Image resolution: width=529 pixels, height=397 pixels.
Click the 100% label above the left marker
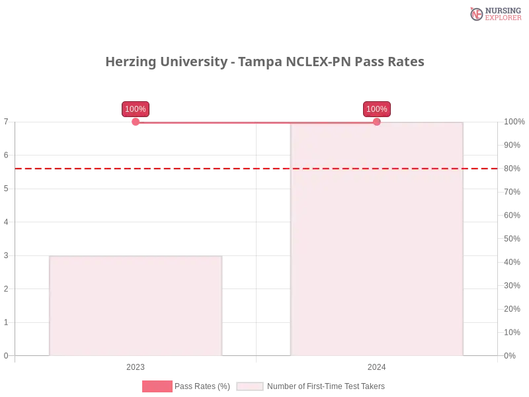136,109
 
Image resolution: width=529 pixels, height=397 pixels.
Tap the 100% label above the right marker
377,109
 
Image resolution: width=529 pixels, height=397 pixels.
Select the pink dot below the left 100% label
136,121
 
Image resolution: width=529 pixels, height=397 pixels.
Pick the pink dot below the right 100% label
377,121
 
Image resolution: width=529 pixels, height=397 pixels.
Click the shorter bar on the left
135,306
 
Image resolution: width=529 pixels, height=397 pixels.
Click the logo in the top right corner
494,13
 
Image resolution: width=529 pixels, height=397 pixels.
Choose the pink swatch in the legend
157,386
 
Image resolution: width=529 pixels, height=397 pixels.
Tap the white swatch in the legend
250,386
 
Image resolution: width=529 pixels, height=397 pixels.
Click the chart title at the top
266,62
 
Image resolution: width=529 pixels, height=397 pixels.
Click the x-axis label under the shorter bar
135,365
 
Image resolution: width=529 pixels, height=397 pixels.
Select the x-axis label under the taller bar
376,365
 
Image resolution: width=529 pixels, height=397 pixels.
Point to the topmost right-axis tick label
513,122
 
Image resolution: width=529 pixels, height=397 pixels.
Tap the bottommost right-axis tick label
510,355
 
